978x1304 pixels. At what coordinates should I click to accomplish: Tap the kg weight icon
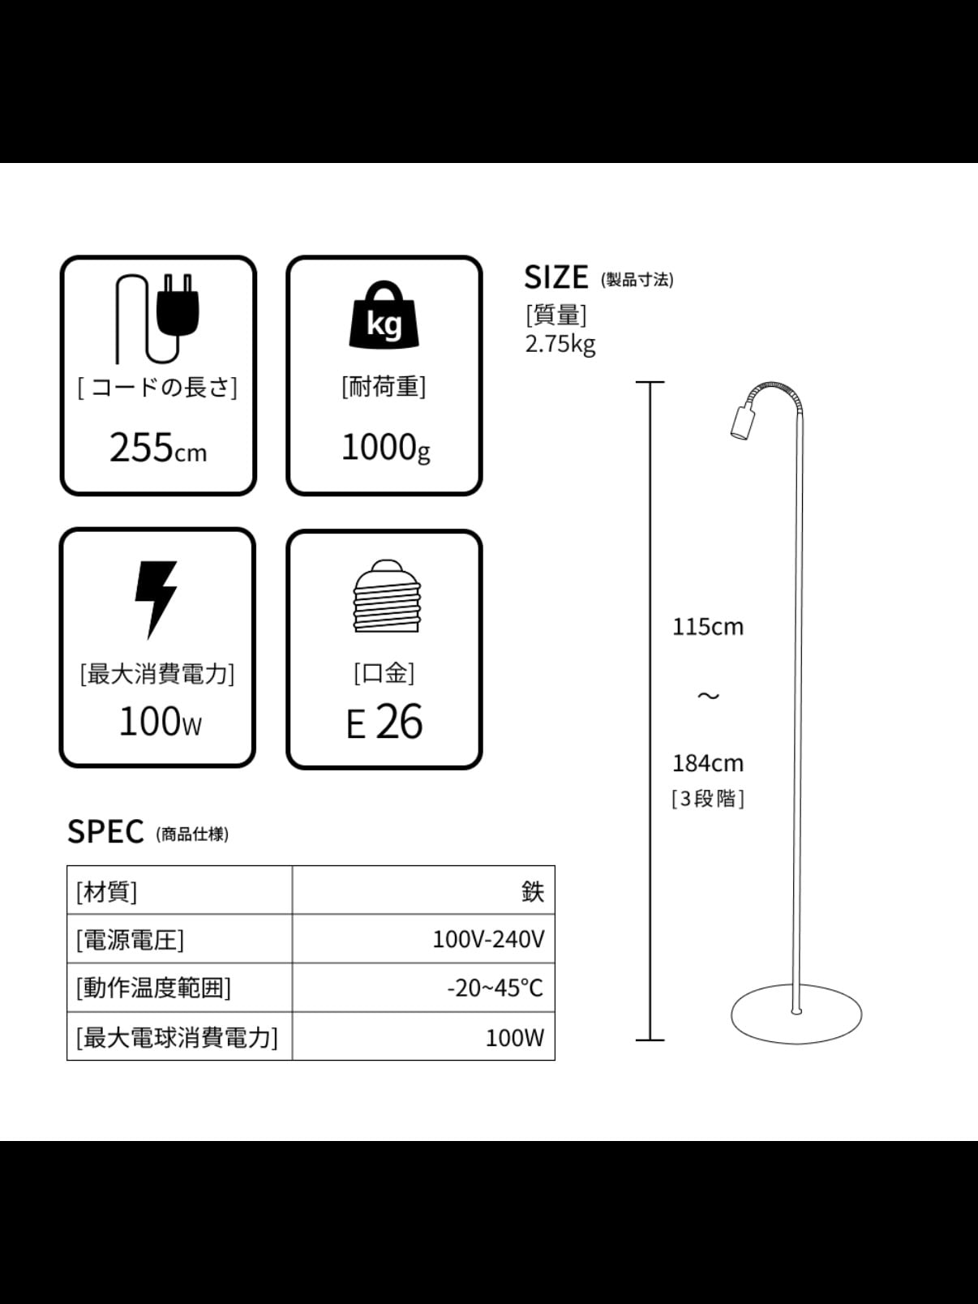[x=384, y=316]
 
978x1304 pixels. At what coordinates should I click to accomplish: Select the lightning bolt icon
[x=156, y=598]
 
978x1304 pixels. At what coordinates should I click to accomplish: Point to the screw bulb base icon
[x=387, y=597]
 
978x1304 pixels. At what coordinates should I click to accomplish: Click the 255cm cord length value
[x=158, y=448]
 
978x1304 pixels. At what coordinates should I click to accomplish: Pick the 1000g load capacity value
[x=385, y=448]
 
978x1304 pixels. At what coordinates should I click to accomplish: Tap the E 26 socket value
[x=384, y=722]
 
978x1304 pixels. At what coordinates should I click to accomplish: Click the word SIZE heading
[x=556, y=277]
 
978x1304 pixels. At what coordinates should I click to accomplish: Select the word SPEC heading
[x=105, y=832]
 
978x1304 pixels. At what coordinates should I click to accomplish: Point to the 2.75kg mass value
[x=560, y=344]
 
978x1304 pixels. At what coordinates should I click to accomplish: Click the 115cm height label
[x=707, y=627]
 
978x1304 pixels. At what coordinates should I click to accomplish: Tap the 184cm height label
[x=707, y=763]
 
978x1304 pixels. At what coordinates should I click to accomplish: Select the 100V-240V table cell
[x=488, y=939]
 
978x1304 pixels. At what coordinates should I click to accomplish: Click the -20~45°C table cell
[x=495, y=988]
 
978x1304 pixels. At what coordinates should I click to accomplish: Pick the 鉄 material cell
[x=533, y=891]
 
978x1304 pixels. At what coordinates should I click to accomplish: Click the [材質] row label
[x=107, y=891]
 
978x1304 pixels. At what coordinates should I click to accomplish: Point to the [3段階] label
[x=707, y=799]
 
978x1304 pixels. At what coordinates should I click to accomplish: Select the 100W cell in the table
[x=514, y=1037]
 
